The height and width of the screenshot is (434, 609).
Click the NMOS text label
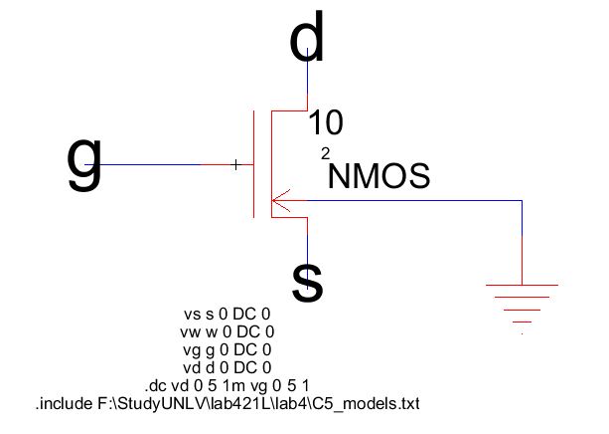pos(380,176)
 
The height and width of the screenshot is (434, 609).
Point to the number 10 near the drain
pos(326,123)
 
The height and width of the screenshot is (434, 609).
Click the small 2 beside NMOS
pos(324,153)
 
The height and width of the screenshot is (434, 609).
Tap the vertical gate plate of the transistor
pos(253,163)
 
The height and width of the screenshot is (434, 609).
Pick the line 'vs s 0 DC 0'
pos(228,314)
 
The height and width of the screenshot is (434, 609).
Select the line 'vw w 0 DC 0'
pos(228,331)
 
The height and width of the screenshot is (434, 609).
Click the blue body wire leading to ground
pos(417,201)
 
